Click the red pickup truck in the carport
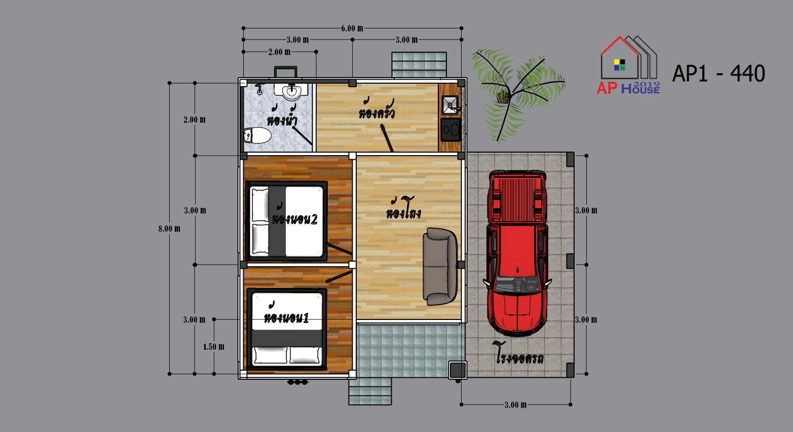517,253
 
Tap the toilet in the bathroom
257,135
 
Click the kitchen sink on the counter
450,105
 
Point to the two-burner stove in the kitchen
450,129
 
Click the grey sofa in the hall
440,266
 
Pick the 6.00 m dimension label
352,28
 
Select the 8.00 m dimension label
169,229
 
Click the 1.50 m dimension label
213,347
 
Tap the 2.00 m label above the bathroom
279,52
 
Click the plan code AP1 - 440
719,74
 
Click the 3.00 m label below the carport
515,405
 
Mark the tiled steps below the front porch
370,391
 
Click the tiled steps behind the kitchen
419,64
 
